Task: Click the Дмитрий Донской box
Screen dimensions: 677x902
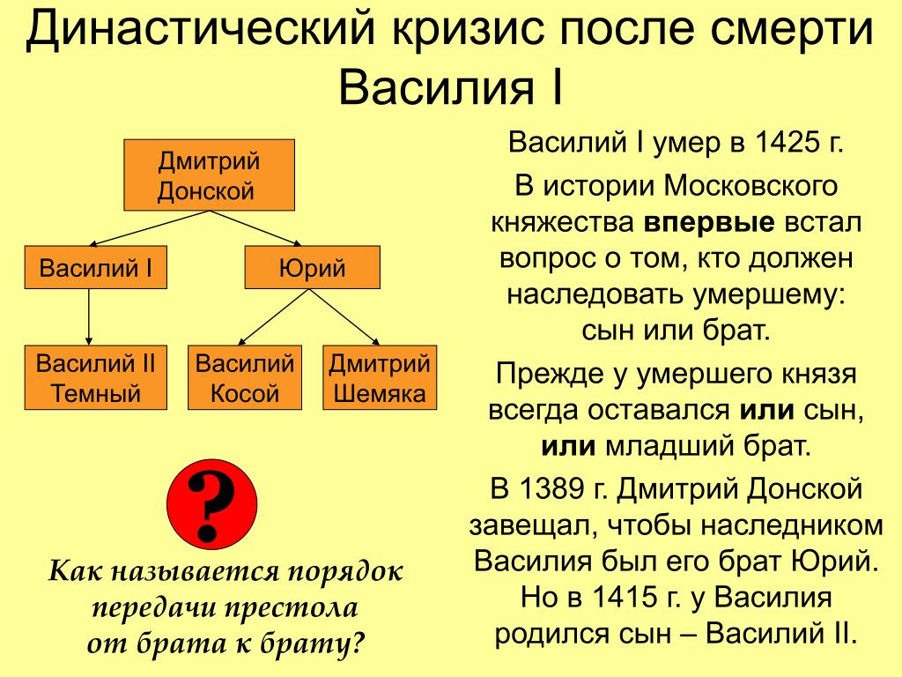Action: (208, 175)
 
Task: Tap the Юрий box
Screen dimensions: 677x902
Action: (312, 268)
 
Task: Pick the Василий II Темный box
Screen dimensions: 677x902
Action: (96, 378)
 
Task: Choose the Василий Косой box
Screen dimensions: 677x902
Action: (245, 378)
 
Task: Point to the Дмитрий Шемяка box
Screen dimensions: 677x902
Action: (380, 378)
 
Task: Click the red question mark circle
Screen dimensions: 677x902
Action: (211, 500)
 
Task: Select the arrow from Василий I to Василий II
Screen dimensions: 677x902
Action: (89, 316)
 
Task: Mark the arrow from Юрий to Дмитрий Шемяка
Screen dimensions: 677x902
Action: (348, 316)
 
